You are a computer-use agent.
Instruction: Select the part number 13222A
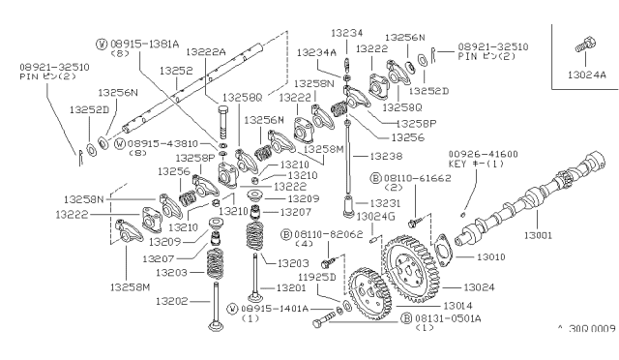(205, 51)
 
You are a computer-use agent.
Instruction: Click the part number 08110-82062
(319, 234)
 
